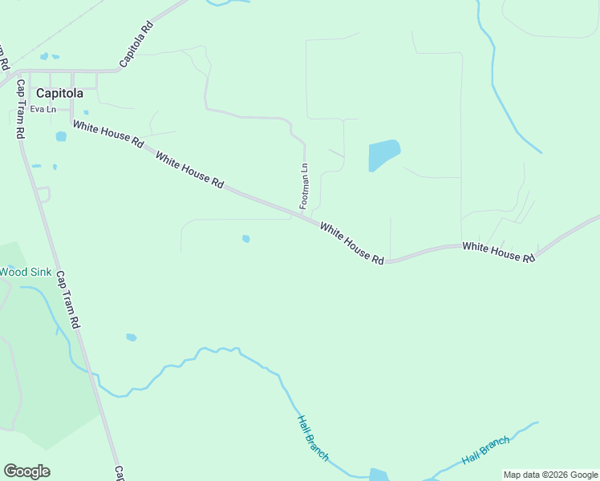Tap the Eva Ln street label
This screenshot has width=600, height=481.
(43, 109)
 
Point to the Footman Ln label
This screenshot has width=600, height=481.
(304, 186)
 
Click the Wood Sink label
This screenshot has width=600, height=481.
(25, 272)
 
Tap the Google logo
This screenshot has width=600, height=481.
(26, 471)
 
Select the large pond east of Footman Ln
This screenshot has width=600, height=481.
(383, 155)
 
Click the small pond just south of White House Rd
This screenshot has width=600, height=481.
(245, 238)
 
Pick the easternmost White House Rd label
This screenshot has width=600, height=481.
(498, 252)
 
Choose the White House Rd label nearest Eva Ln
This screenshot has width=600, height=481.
(107, 134)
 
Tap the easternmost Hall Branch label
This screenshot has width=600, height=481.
(486, 451)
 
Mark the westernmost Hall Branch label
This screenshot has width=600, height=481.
(313, 438)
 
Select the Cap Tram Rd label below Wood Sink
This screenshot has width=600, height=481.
(68, 299)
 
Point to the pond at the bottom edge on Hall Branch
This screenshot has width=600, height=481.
(379, 475)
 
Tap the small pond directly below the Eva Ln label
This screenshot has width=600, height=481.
(61, 136)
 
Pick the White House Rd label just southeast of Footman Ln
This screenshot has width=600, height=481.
(352, 243)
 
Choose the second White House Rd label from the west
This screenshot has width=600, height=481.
(189, 170)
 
